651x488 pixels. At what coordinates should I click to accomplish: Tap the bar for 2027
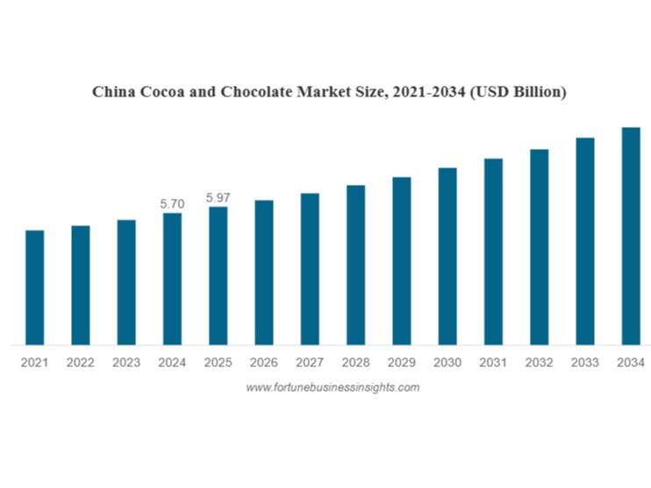pos(310,269)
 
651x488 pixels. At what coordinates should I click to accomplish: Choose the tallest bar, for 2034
pos(630,236)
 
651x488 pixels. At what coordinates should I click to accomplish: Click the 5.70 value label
pos(172,203)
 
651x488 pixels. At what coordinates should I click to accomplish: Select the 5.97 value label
pos(218,198)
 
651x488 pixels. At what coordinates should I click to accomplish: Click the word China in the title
pos(115,92)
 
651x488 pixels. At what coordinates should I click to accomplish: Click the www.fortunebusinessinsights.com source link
pos(333,387)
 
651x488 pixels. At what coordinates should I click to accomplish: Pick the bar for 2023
pos(126,282)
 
